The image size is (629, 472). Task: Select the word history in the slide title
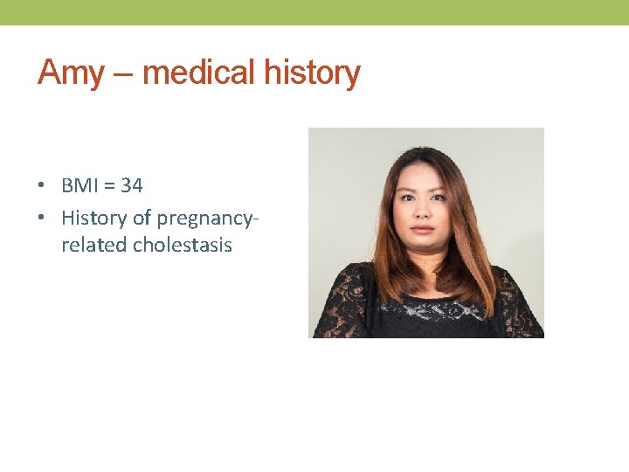click(312, 72)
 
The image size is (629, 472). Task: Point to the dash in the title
click(122, 73)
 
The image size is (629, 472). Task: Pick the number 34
click(132, 185)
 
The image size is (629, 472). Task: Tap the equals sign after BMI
click(111, 186)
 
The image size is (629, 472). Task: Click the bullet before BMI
click(42, 186)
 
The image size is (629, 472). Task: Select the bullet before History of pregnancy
click(42, 216)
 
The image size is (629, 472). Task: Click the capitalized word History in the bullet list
click(93, 216)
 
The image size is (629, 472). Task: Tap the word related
click(93, 245)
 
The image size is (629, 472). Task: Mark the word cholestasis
click(183, 245)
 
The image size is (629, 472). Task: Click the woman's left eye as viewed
click(406, 195)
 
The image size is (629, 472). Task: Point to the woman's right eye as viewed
click(440, 195)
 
